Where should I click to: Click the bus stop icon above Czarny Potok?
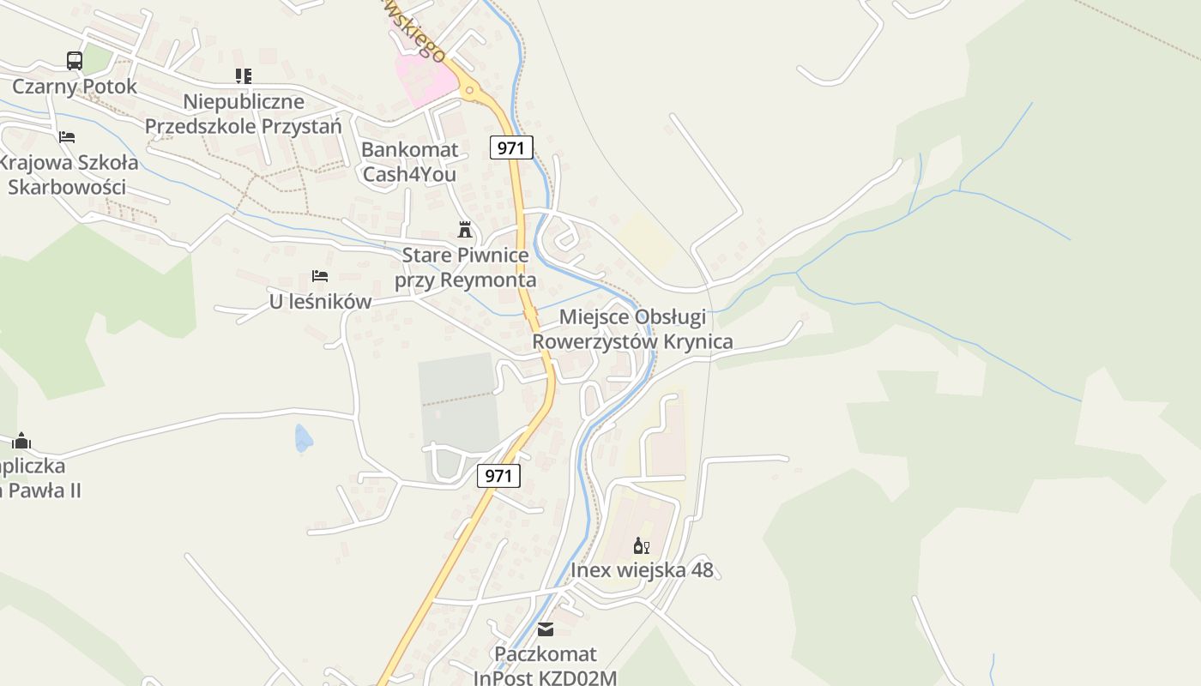[x=75, y=61]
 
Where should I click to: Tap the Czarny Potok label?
[x=75, y=87]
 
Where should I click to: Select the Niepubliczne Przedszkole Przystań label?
[x=244, y=114]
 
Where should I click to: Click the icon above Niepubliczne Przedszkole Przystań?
[x=244, y=76]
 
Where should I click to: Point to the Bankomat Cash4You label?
[x=410, y=161]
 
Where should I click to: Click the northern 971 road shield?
[x=510, y=147]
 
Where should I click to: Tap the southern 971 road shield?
[x=498, y=475]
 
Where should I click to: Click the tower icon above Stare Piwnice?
[x=465, y=230]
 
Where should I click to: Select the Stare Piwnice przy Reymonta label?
[x=465, y=268]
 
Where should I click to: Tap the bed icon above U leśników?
[x=320, y=276]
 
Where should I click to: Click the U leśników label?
[x=320, y=302]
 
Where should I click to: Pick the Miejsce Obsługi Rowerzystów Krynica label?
[x=633, y=329]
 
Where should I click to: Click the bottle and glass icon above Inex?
[x=642, y=545]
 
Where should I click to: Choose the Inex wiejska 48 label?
[x=642, y=570]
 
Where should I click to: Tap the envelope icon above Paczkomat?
[x=546, y=630]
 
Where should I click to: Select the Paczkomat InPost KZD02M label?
[x=546, y=666]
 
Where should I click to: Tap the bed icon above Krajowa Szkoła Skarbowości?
[x=67, y=136]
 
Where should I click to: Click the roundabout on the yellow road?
[x=469, y=89]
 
